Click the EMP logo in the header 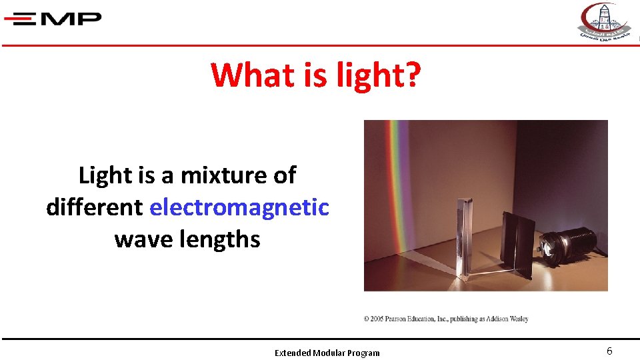point(53,19)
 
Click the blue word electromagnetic point(239,207)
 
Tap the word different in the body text point(94,207)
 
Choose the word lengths point(220,239)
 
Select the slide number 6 point(609,351)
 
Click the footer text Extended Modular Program point(327,353)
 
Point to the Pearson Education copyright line point(446,319)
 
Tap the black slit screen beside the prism point(517,243)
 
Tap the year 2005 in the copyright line point(379,319)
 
